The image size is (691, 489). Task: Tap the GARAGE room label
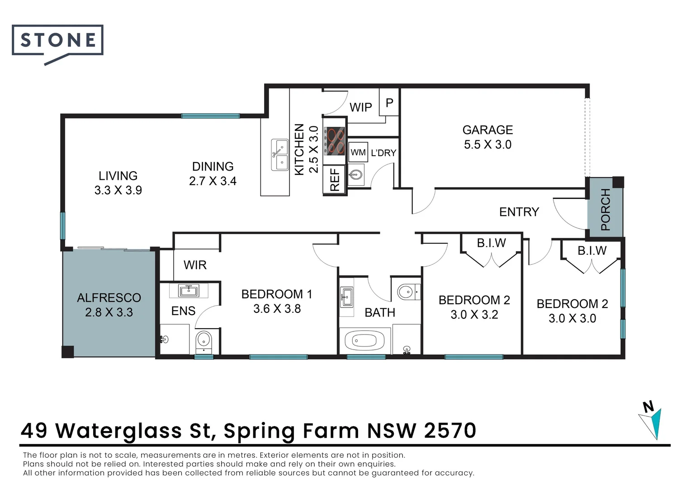[487, 130]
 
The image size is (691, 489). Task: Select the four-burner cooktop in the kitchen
[335, 140]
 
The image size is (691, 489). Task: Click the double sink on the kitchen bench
[280, 155]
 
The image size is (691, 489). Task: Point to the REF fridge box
[335, 180]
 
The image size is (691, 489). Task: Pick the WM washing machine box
[358, 153]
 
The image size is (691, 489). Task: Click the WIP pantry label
[360, 107]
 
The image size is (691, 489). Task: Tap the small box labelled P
[389, 103]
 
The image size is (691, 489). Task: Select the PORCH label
[605, 209]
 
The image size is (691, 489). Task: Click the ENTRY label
[519, 212]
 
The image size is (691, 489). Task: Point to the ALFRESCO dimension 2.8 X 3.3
[109, 312]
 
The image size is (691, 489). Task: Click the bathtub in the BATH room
[364, 340]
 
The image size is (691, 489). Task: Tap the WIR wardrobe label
[195, 265]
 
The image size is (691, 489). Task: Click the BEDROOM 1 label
[277, 294]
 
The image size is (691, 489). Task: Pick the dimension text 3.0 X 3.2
[474, 315]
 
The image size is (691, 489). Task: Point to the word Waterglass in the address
[118, 431]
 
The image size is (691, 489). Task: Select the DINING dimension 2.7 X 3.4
[213, 181]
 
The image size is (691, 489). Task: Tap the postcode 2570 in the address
[450, 431]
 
